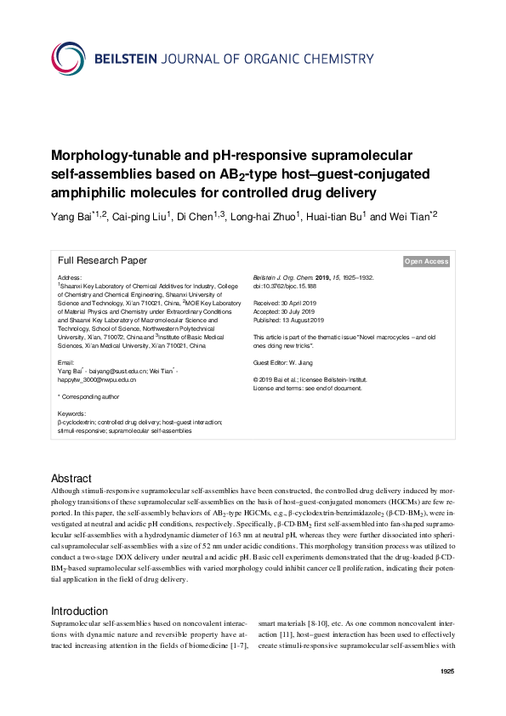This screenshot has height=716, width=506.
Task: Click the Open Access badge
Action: coord(426,262)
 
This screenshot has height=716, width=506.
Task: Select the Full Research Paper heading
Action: coord(102,261)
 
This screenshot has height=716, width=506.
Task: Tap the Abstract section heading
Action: coord(71,479)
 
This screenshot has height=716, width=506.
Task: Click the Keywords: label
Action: coord(71,413)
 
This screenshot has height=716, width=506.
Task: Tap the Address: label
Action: coord(70,278)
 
